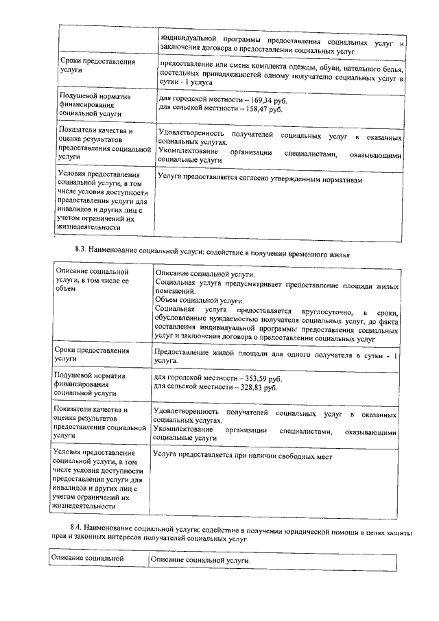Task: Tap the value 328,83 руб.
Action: pyautogui.click(x=254, y=388)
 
